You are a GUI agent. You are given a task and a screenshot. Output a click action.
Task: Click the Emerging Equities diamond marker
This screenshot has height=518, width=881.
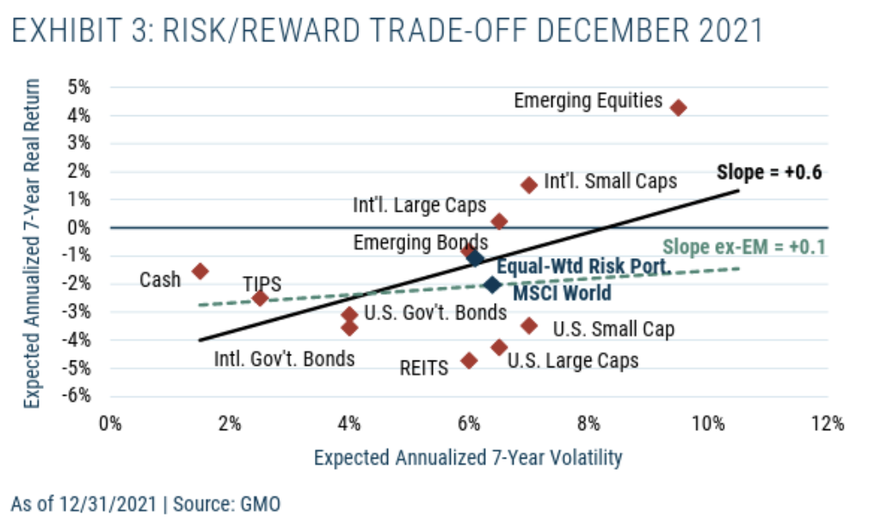(678, 108)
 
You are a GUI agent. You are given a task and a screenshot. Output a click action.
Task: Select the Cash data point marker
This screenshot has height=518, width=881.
(200, 270)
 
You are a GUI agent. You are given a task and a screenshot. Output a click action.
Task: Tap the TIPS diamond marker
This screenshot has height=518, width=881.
(260, 298)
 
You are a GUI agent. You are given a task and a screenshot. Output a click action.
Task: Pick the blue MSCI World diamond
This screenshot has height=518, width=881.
(492, 284)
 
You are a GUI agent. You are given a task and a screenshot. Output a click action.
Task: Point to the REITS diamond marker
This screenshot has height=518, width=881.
(469, 360)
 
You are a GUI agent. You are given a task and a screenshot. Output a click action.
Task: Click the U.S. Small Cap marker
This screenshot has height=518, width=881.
(529, 325)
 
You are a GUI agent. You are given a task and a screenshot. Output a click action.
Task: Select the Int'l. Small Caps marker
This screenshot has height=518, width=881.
(529, 184)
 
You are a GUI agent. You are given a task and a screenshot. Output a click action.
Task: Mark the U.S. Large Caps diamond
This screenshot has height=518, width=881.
(499, 347)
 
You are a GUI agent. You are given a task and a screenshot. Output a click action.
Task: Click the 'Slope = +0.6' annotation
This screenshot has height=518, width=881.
(769, 172)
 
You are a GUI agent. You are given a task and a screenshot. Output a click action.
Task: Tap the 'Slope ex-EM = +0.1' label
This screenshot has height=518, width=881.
(744, 247)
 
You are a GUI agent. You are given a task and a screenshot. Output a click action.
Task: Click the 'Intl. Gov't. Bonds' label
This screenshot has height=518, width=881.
(284, 357)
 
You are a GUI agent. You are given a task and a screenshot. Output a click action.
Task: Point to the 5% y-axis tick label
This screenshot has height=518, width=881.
(79, 87)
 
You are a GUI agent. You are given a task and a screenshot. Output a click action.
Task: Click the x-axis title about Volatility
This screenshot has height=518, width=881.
(467, 457)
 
